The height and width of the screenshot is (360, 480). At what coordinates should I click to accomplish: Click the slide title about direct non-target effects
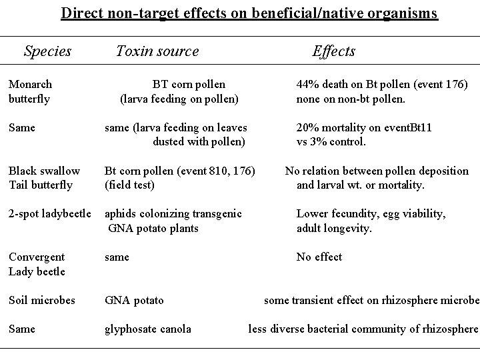(x=249, y=13)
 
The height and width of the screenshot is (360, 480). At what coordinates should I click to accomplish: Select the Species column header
(x=47, y=51)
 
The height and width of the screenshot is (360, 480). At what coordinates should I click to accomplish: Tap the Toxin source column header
(x=157, y=51)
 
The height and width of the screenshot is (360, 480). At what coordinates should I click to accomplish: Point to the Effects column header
(x=334, y=51)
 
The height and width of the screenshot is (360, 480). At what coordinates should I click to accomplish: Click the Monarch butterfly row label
(x=31, y=92)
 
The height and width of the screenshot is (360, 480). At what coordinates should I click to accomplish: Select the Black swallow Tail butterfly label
(x=44, y=178)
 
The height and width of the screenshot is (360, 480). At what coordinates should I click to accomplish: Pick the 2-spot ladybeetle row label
(x=50, y=214)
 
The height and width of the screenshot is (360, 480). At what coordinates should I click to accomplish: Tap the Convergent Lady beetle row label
(x=37, y=264)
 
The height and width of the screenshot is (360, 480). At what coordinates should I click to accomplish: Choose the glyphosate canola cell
(x=148, y=329)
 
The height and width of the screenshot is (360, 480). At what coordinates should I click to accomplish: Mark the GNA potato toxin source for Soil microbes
(x=134, y=300)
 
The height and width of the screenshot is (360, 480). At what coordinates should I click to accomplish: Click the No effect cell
(x=319, y=257)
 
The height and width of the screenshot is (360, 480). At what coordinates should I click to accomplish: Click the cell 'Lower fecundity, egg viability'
(x=371, y=214)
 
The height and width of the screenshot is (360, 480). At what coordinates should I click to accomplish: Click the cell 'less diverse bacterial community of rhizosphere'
(x=363, y=329)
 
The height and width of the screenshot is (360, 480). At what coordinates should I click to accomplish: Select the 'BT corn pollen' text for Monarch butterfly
(x=189, y=85)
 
